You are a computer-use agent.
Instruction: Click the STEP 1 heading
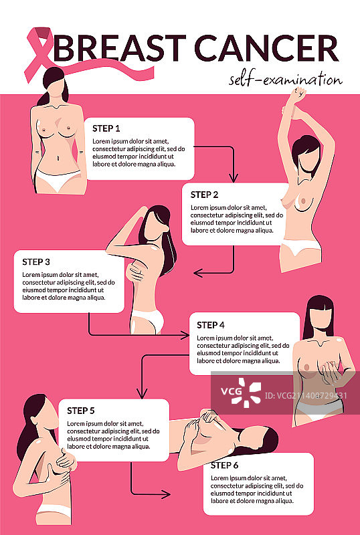click(106, 128)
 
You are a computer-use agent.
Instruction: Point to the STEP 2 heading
click(205, 195)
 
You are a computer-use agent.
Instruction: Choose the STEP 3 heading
click(36, 261)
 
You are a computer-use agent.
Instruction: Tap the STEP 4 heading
click(211, 325)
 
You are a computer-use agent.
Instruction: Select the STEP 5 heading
click(81, 410)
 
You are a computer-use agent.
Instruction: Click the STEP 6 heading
click(225, 465)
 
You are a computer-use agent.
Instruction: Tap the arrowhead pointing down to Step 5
click(141, 394)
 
